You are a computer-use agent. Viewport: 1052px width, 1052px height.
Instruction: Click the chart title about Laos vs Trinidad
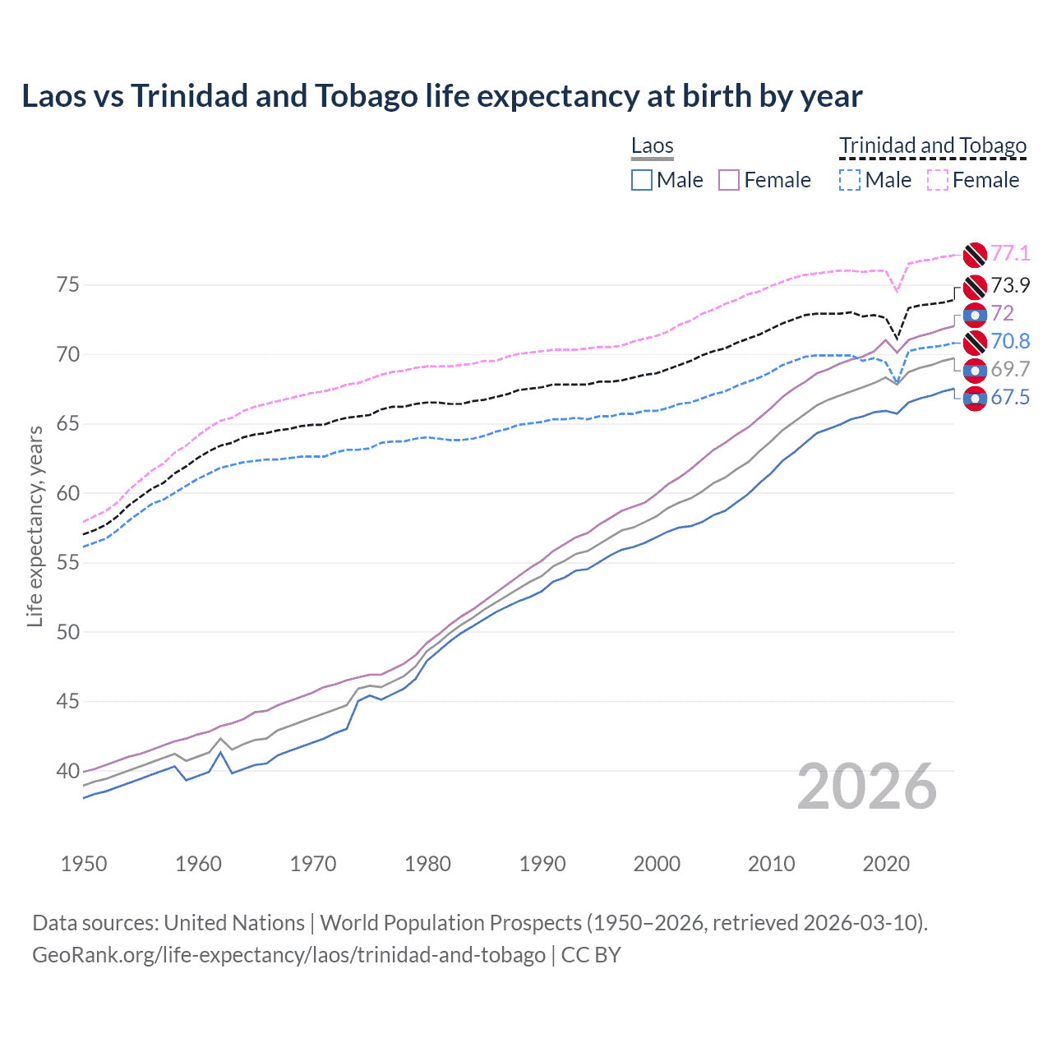click(x=441, y=96)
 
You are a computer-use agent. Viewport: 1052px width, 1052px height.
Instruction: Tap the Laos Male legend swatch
click(x=642, y=180)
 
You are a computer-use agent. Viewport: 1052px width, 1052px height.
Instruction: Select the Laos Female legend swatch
click(x=729, y=180)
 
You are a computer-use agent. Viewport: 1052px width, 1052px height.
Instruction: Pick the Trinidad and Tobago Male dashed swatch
click(x=850, y=180)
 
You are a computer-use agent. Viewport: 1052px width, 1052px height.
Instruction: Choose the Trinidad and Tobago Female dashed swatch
click(x=938, y=180)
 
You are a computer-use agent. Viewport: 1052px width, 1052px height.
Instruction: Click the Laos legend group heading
click(x=652, y=145)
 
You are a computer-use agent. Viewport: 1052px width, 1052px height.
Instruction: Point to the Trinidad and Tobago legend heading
click(x=933, y=145)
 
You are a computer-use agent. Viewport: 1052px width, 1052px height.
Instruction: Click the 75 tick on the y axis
click(x=68, y=285)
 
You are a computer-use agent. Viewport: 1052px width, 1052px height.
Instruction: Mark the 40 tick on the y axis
click(x=68, y=771)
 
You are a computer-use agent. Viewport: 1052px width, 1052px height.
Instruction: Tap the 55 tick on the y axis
click(x=68, y=563)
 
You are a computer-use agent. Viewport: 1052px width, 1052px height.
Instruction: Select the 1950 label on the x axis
click(x=84, y=864)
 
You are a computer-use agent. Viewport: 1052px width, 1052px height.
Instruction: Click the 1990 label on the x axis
click(x=542, y=864)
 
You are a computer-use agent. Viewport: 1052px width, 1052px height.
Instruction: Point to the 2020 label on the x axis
click(x=886, y=864)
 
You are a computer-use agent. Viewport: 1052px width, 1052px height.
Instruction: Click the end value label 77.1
click(x=1010, y=253)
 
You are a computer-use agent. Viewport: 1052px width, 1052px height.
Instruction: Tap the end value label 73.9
click(x=1010, y=285)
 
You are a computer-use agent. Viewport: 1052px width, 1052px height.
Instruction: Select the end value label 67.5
click(x=1010, y=398)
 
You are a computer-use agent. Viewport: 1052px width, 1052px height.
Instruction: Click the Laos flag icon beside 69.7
click(x=975, y=371)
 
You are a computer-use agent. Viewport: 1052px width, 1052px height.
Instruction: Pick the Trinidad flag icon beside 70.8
click(x=975, y=343)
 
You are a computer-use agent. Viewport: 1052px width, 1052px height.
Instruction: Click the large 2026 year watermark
click(x=866, y=787)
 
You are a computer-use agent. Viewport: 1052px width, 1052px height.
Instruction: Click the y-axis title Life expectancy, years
click(x=35, y=526)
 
